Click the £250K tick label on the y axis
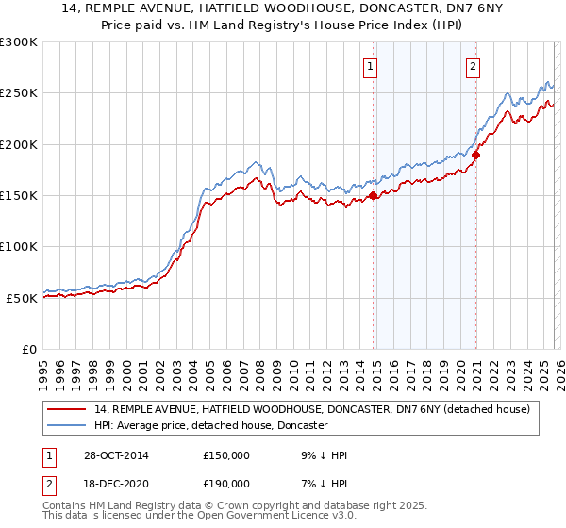click(19, 93)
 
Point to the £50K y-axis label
click(22, 297)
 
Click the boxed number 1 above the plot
click(370, 66)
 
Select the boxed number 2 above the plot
click(473, 66)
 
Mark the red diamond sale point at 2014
click(374, 196)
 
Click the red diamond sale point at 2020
click(476, 156)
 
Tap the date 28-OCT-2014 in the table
click(116, 455)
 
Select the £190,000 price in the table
click(226, 483)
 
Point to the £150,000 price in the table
click(226, 455)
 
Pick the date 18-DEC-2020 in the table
click(116, 483)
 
